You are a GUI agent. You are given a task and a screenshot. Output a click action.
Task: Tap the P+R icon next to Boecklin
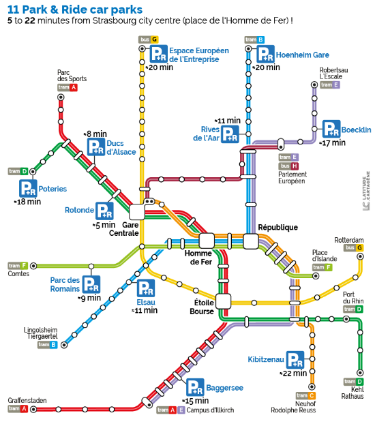(x=331, y=129)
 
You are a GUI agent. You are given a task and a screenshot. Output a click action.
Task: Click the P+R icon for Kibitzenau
(x=295, y=359)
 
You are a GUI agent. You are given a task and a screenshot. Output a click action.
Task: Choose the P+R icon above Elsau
(x=146, y=288)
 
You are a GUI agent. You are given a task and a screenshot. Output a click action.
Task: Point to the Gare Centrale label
(x=139, y=228)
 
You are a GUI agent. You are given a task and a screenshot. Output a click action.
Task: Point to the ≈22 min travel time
(x=294, y=374)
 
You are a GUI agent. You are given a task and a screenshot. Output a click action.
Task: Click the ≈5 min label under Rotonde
(x=104, y=224)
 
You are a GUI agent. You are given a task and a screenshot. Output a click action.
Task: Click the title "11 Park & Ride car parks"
(x=75, y=10)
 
